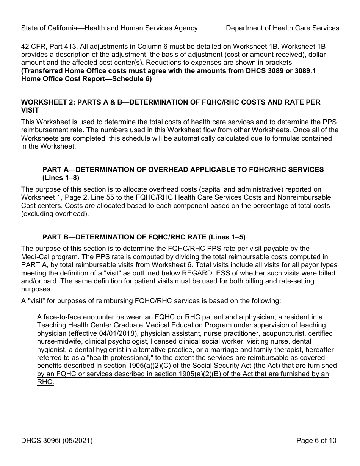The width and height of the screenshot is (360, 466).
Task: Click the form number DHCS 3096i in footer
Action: [x=57, y=440]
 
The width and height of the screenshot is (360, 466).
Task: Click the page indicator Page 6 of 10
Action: [x=316, y=440]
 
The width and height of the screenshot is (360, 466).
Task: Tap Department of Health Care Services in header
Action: [x=282, y=28]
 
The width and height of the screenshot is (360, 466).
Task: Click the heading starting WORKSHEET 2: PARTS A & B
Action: [x=171, y=102]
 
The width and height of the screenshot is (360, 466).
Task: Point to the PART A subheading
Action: [x=183, y=169]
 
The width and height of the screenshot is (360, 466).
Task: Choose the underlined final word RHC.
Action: [x=45, y=382]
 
